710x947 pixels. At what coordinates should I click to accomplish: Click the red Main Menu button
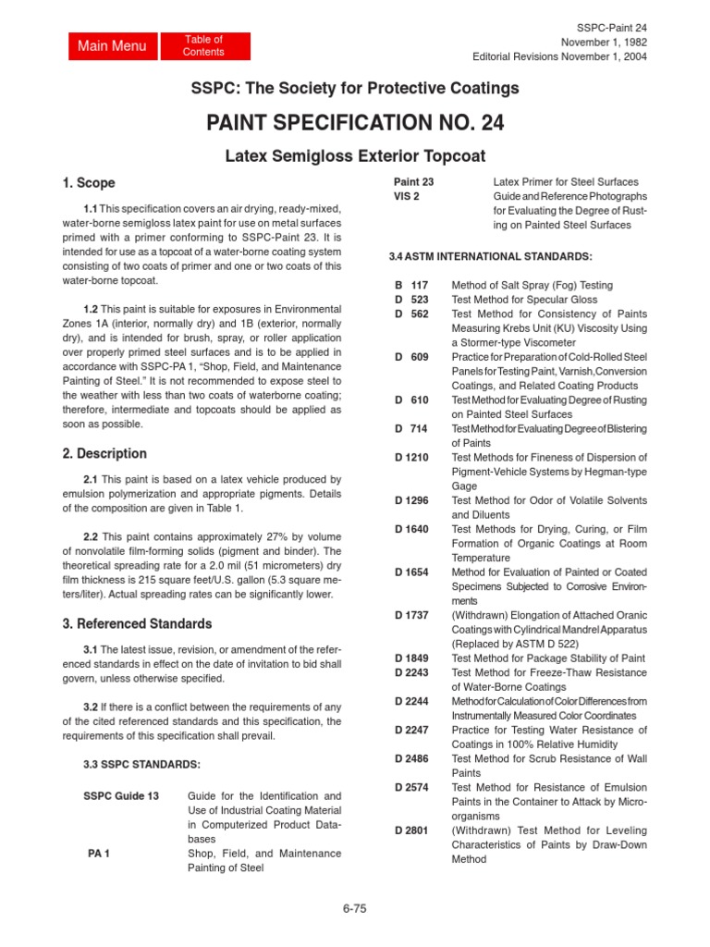click(x=112, y=46)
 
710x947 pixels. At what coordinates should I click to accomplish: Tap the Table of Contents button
click(x=203, y=46)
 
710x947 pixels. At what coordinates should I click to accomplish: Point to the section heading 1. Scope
click(x=89, y=184)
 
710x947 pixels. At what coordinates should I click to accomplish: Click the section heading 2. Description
click(x=104, y=453)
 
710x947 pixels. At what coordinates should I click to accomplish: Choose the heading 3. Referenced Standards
click(x=137, y=623)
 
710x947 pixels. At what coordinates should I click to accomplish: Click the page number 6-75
click(x=354, y=908)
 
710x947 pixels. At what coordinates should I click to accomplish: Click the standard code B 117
click(x=411, y=286)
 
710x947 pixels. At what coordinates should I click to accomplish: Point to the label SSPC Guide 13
click(x=121, y=795)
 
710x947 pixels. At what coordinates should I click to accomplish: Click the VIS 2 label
click(x=408, y=197)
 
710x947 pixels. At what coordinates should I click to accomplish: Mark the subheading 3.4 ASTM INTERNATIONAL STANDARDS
click(x=490, y=255)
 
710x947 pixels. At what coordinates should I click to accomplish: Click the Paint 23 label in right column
click(x=413, y=182)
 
